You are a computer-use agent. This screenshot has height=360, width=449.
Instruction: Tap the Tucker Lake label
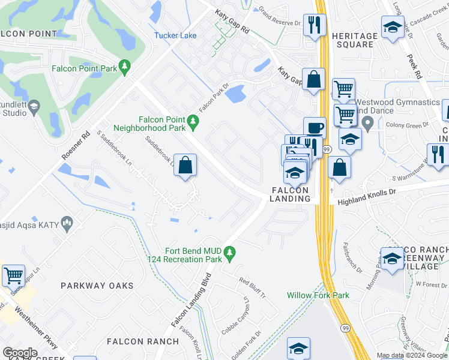(x=175, y=35)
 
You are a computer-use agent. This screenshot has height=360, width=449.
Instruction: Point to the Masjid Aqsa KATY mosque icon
(x=67, y=224)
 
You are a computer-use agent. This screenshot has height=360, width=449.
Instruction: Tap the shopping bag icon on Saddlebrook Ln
(x=185, y=166)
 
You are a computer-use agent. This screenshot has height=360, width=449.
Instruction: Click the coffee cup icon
(x=315, y=128)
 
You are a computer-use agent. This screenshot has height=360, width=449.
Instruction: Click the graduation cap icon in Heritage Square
(x=393, y=28)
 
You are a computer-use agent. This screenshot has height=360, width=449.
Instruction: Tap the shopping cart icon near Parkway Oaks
(x=13, y=276)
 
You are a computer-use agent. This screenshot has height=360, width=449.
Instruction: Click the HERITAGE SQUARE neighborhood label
(x=355, y=40)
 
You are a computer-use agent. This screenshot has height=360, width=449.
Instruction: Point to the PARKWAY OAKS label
(x=97, y=286)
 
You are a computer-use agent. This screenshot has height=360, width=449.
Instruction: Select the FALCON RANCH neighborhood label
(x=143, y=341)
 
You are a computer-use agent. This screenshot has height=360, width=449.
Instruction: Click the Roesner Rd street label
(x=76, y=146)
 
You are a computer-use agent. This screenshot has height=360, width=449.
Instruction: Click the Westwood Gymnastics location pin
(x=368, y=124)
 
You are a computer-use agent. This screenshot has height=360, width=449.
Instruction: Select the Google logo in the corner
(x=20, y=353)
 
